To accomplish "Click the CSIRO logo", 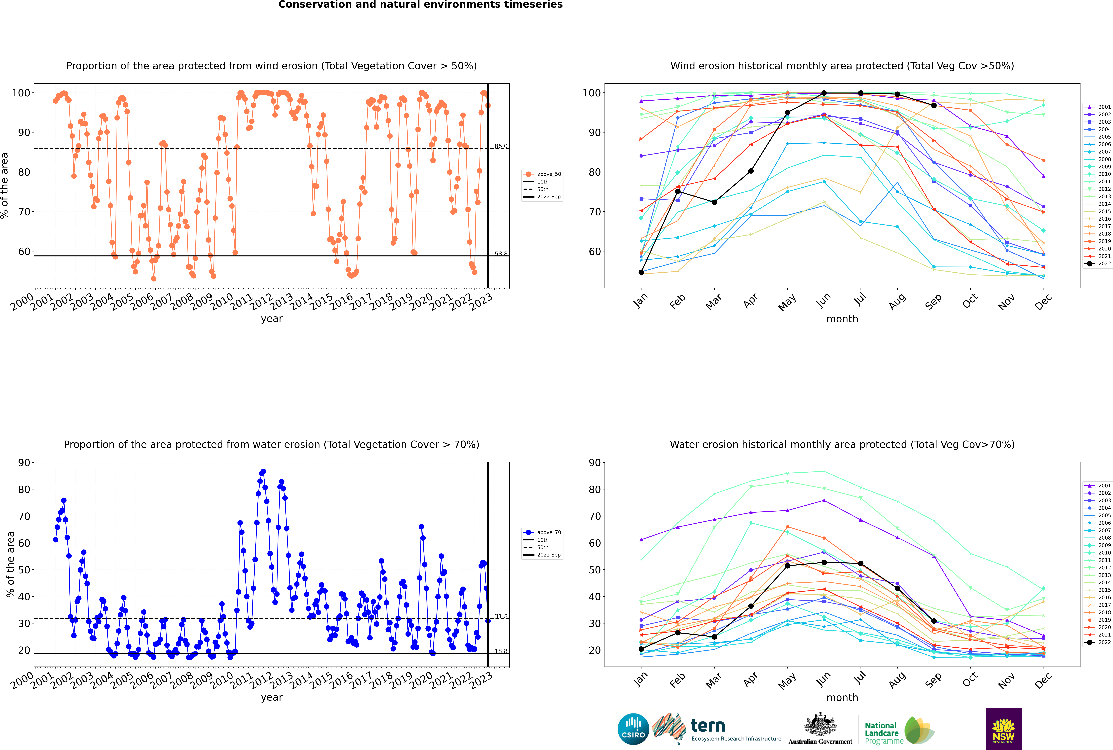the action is (x=633, y=729).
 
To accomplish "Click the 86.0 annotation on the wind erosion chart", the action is (x=501, y=146).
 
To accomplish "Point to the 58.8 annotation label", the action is (x=501, y=254).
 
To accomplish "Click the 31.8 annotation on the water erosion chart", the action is (x=501, y=616).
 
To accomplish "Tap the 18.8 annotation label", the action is (x=501, y=651).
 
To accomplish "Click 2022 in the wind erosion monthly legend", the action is (x=1098, y=264).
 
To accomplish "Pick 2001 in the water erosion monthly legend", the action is (x=1098, y=486).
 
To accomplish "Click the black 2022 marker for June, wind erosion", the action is (x=824, y=93).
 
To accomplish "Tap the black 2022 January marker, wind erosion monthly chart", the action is (x=641, y=272).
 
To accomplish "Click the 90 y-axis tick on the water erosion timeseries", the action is (x=24, y=462).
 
